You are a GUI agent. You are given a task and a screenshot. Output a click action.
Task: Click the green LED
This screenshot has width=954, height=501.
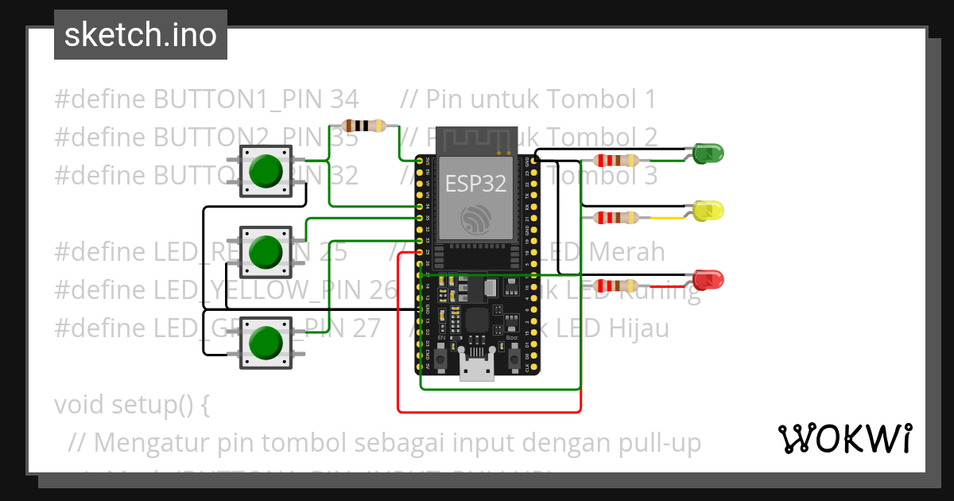click(x=707, y=153)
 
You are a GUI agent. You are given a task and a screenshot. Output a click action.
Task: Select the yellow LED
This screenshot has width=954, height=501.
click(x=708, y=211)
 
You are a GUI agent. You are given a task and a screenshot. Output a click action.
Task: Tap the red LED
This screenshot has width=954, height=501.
click(x=708, y=280)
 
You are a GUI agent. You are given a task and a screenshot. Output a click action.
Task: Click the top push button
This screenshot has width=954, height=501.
click(x=266, y=171)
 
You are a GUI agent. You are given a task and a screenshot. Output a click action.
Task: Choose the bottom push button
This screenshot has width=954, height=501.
click(x=266, y=343)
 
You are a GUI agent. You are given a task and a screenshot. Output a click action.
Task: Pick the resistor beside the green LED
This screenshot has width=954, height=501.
click(x=615, y=160)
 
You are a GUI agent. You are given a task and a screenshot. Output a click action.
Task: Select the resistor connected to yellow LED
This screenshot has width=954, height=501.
click(x=615, y=217)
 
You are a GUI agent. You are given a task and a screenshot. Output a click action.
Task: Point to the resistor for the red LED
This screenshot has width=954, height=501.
click(x=615, y=286)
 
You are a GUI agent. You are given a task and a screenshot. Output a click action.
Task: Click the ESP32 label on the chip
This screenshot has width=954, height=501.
click(x=475, y=184)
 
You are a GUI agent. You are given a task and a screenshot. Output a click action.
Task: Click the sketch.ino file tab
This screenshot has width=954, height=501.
click(x=141, y=35)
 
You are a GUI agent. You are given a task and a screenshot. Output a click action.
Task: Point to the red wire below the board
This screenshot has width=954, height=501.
click(x=489, y=412)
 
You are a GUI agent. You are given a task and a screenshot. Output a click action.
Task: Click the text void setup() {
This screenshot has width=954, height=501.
click(x=132, y=405)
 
